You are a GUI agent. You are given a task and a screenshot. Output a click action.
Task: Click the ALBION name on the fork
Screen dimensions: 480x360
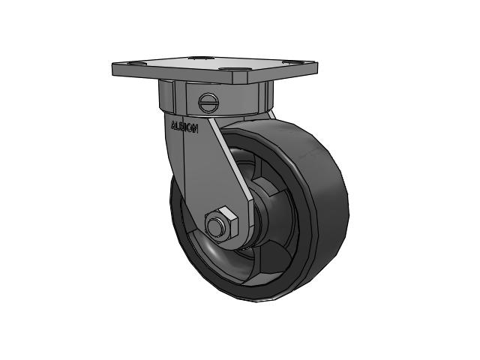tap(184, 127)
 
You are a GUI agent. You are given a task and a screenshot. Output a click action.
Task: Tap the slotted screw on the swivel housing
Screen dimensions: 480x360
tap(208, 102)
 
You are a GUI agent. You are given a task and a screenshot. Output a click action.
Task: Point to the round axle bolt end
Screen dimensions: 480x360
tap(215, 226)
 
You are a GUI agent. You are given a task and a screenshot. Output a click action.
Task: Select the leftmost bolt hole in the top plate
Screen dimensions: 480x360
tap(134, 64)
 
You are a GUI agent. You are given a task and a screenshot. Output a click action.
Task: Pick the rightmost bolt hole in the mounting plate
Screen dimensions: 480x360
tap(291, 63)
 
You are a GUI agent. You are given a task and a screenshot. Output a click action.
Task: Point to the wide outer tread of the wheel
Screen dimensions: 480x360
tap(325, 208)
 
